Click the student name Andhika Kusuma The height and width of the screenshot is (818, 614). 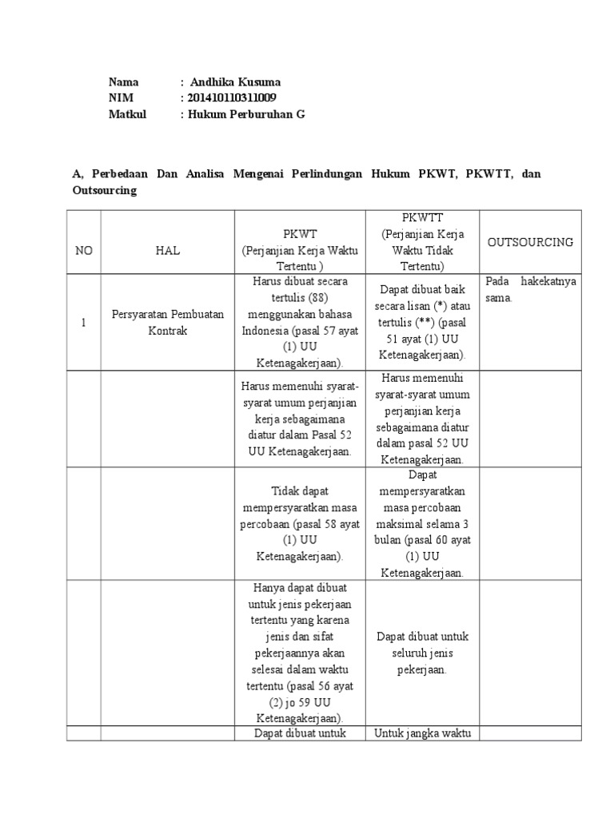(x=235, y=82)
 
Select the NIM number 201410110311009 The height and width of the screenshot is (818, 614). (x=233, y=98)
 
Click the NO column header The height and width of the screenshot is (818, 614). (x=84, y=250)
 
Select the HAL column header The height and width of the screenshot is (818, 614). (x=168, y=250)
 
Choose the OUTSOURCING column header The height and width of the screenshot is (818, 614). (x=530, y=242)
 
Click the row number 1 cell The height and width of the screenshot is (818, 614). (x=83, y=323)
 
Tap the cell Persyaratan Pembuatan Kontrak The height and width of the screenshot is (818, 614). (x=168, y=323)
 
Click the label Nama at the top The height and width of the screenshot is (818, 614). (x=123, y=82)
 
